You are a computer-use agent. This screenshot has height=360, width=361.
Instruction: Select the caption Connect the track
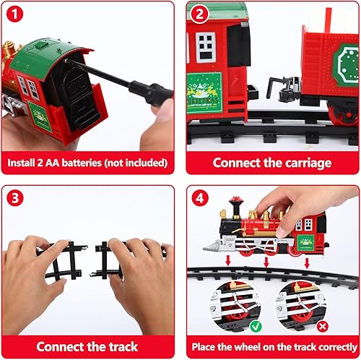click(87, 346)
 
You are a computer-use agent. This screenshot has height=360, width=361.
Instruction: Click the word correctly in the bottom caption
click(323, 346)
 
